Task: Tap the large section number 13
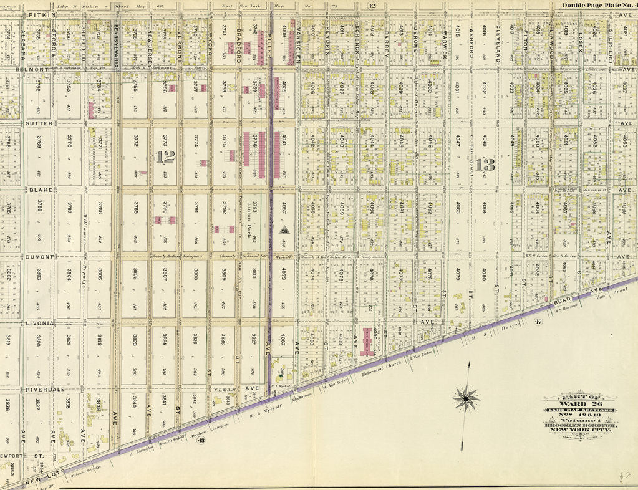[x=485, y=165]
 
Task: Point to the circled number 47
[x=538, y=321]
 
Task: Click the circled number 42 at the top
[x=372, y=6]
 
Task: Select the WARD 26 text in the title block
[x=579, y=403]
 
